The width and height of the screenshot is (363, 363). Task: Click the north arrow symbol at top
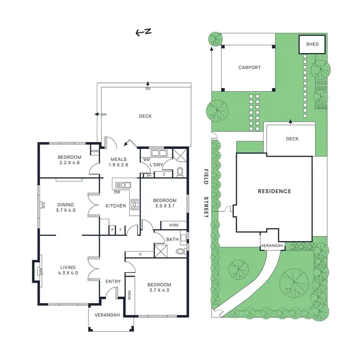tap(143, 32)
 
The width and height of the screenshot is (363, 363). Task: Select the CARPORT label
tap(249, 68)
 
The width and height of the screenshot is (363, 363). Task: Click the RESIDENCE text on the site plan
tap(274, 191)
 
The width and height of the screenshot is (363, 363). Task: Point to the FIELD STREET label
tap(205, 193)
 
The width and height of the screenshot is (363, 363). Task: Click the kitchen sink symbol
tap(122, 184)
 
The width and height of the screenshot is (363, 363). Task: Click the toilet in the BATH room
tap(180, 252)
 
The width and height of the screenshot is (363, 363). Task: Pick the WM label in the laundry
tap(146, 159)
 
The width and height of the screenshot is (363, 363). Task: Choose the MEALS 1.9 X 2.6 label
tap(118, 162)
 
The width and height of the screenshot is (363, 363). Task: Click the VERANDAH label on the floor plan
tap(107, 315)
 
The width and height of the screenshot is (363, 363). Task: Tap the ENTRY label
tap(113, 281)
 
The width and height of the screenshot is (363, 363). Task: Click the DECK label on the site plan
tap(292, 139)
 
